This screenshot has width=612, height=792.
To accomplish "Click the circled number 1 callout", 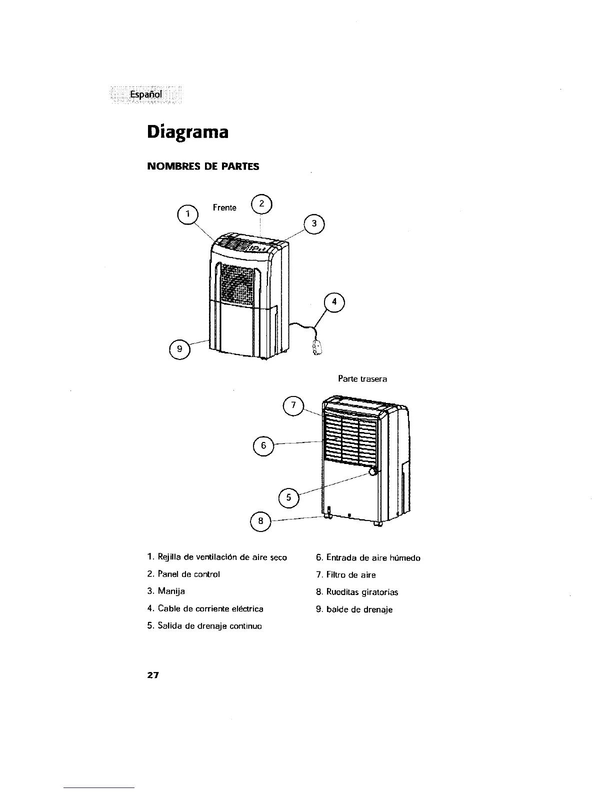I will [188, 214].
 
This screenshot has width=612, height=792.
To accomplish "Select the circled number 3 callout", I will [314, 224].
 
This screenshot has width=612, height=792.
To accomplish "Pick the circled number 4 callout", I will [334, 302].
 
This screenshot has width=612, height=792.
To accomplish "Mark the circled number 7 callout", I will [293, 404].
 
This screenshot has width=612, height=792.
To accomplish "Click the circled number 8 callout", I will [260, 522].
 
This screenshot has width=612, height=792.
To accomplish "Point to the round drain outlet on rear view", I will [373, 471].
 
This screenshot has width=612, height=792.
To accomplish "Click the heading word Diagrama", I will [188, 132].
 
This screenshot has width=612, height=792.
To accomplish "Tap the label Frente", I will [224, 207].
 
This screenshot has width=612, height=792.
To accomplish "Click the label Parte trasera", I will [362, 379].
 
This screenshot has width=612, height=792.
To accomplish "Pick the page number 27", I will [152, 675].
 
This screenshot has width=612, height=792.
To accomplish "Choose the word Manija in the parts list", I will [171, 591].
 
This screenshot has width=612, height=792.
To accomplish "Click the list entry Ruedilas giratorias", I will [362, 592].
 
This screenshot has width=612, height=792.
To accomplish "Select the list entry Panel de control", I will [188, 574].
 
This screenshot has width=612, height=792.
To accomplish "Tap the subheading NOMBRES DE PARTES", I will [203, 166].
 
